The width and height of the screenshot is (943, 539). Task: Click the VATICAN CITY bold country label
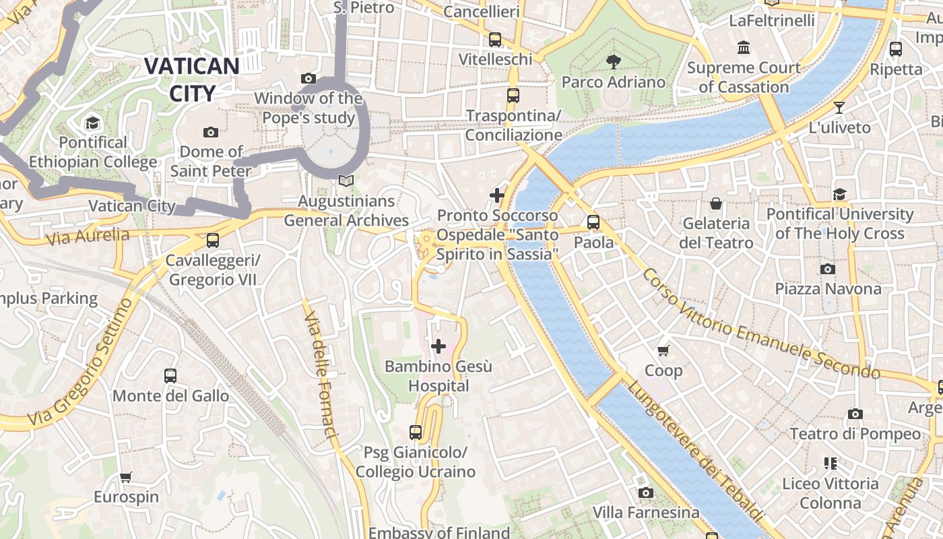[192, 80]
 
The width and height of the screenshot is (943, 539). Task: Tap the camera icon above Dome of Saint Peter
[211, 132]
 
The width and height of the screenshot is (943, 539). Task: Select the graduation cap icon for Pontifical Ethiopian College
[92, 123]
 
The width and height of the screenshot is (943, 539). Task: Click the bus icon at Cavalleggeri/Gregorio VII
[213, 241]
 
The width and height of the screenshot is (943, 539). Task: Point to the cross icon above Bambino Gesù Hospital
[438, 347]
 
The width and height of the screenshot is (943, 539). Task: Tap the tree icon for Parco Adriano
[613, 63]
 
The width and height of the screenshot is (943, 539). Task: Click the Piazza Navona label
[828, 289]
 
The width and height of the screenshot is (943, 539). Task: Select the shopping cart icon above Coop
[663, 350]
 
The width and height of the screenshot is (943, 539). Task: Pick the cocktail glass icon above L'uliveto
[839, 107]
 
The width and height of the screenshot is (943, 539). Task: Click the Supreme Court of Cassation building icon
[744, 48]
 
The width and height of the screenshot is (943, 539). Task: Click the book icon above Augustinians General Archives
[346, 181]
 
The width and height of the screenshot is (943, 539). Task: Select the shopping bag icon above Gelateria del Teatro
[715, 203]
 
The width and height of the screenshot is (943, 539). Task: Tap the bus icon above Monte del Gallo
[170, 376]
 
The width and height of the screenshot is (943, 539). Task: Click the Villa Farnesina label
[646, 513]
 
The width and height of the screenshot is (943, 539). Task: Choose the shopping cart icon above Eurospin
[126, 478]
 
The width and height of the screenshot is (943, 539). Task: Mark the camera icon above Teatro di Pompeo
[855, 414]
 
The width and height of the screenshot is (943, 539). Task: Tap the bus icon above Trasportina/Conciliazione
[513, 96]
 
